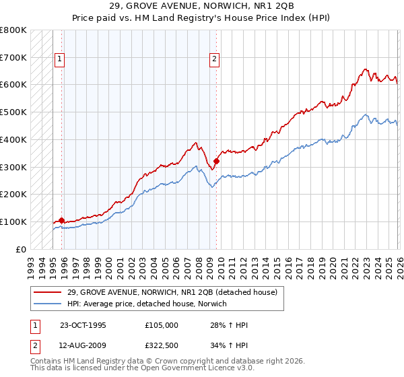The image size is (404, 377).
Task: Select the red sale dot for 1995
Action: (x=61, y=220)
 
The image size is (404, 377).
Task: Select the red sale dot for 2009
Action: (x=216, y=161)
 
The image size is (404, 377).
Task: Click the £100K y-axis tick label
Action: (x=14, y=221)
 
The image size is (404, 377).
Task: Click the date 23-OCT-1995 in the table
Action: (x=83, y=325)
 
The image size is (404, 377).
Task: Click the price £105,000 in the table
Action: (x=161, y=325)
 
